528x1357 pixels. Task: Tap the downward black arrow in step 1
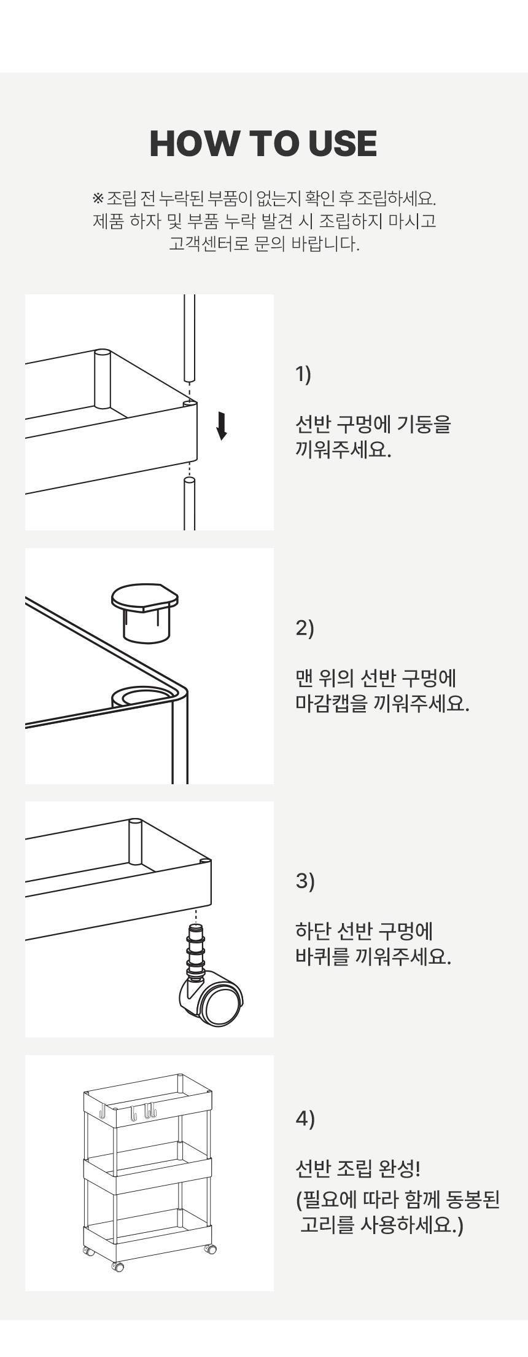[x=222, y=425]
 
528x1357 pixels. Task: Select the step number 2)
[x=305, y=628]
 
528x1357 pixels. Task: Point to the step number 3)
[x=305, y=881]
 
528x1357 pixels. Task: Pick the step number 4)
[x=305, y=1118]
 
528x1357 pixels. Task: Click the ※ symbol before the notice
[x=98, y=199]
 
